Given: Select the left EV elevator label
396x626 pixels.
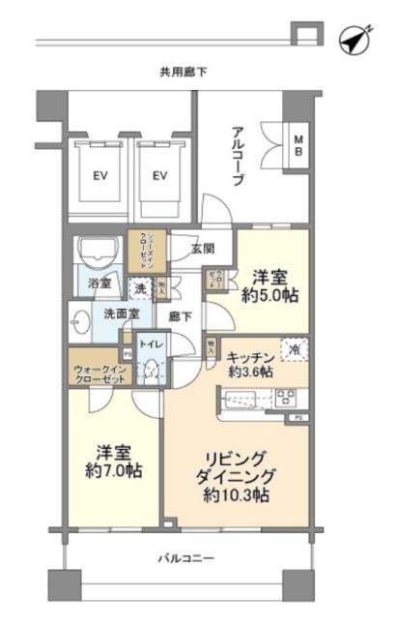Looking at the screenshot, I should coord(99,175).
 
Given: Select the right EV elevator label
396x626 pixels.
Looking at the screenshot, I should coord(159,175).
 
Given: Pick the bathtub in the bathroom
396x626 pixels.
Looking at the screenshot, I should coord(99,253).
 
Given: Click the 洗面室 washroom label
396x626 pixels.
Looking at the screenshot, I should coord(123,314).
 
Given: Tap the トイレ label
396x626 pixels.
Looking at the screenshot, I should coord(151,343).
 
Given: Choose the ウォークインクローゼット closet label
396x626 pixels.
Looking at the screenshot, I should coord(99,375).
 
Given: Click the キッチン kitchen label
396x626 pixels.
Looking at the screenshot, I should coord(250,357).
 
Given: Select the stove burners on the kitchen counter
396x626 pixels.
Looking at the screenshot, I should coord(286,397).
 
